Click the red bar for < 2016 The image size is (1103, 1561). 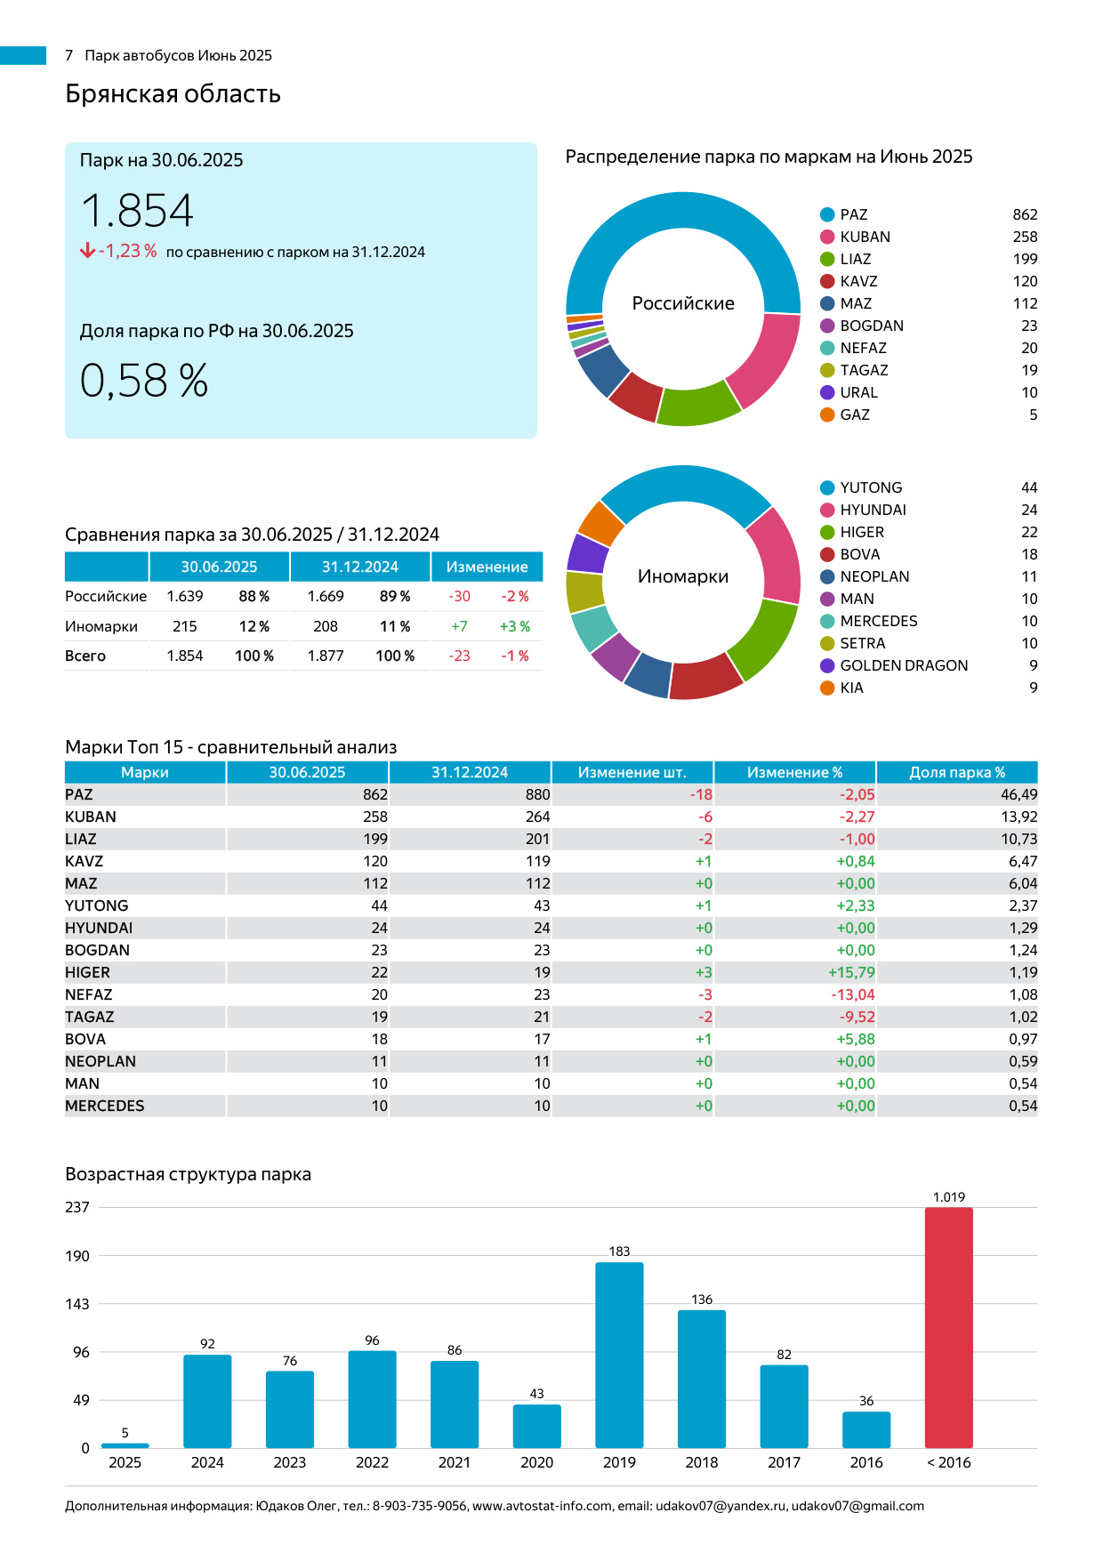coord(948,1327)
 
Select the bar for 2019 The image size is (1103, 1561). coord(619,1355)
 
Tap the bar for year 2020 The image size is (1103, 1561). coord(536,1426)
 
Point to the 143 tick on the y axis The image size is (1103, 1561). coord(77,1304)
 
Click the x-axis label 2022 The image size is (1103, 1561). coord(372,1462)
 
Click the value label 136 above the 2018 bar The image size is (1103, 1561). coord(702,1299)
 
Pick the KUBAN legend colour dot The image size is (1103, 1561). coord(827,237)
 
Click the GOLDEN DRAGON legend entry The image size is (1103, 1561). coord(904,665)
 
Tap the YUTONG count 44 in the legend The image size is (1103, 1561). coord(1029,487)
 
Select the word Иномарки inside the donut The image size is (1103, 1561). coord(683,576)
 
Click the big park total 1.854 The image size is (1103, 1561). coord(137,212)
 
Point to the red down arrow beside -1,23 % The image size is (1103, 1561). coord(87,251)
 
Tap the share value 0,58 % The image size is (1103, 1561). coord(144,381)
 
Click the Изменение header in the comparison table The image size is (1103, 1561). coord(487,567)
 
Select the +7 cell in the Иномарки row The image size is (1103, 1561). coord(459,626)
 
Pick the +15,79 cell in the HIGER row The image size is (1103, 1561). coord(851,972)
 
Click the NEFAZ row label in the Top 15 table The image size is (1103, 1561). coord(89,994)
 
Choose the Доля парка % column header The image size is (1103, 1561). coord(956,772)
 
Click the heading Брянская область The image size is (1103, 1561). coord(173,93)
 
